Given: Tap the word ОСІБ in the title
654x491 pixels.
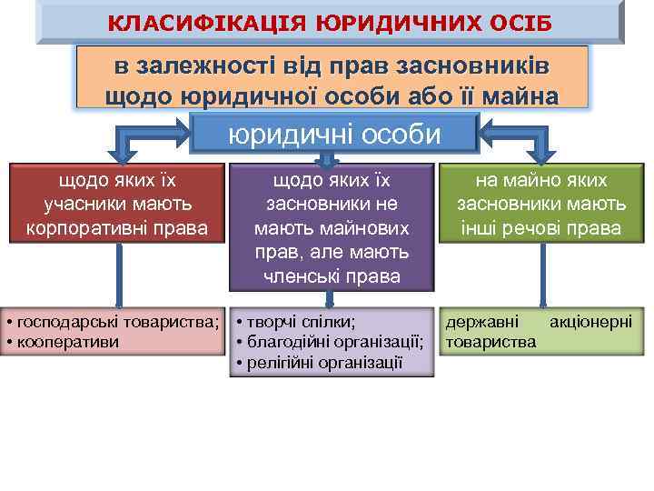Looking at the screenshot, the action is pos(519,22).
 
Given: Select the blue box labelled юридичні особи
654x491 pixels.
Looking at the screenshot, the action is pos(335,134).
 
